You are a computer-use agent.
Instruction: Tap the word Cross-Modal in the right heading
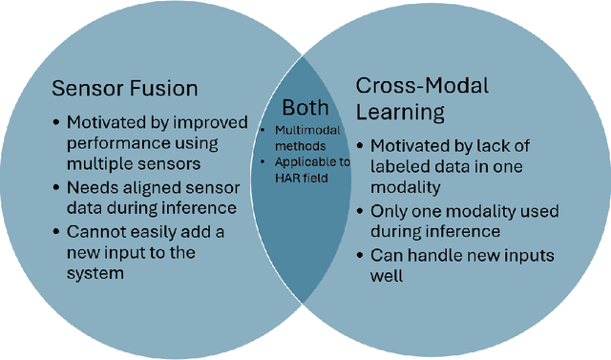[421, 86]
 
